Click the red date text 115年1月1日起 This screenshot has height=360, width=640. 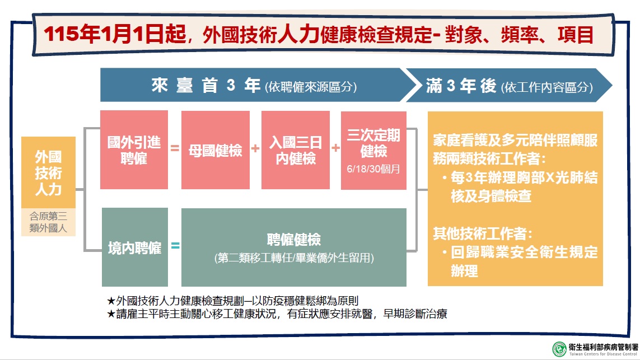(115, 34)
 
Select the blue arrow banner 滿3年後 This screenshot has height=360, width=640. (509, 85)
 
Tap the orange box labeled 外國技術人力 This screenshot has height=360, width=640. (48, 172)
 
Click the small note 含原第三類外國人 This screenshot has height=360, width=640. (48, 222)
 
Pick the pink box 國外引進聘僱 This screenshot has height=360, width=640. (134, 150)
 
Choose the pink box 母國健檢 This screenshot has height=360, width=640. (216, 150)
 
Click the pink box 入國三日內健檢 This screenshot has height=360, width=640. (296, 150)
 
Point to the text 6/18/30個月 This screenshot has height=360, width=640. (373, 169)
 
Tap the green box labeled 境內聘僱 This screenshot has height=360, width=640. (135, 247)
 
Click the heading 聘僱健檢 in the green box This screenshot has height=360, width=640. (294, 240)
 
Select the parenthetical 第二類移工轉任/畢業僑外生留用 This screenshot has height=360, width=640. (294, 258)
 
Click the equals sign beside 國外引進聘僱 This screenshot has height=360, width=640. (175, 148)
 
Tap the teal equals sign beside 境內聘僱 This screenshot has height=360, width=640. (175, 245)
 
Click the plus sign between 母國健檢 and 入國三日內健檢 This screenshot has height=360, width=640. (255, 148)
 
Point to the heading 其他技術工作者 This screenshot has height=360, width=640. (483, 233)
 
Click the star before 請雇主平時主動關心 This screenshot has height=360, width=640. (111, 314)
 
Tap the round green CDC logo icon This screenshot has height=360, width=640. (559, 349)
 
